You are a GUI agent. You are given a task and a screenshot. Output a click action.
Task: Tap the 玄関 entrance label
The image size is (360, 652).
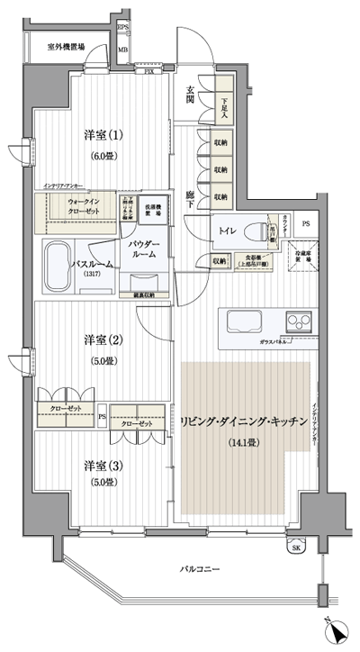pos(192,93)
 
